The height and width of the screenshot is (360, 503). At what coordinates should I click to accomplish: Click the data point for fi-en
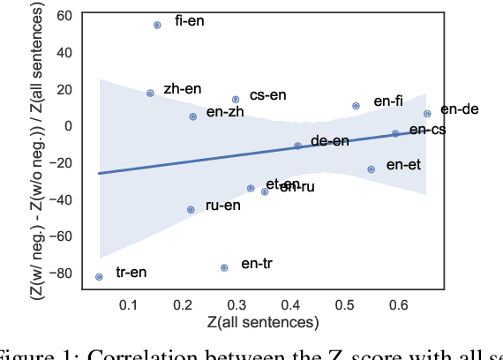157,26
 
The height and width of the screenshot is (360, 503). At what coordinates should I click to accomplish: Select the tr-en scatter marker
99,276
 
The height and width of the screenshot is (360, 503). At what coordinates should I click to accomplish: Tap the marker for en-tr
224,267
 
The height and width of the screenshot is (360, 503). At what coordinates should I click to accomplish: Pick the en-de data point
427,114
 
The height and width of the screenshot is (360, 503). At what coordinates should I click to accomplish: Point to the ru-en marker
191,209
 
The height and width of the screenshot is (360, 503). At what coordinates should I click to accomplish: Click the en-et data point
371,169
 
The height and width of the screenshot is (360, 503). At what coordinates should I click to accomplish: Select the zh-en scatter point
150,93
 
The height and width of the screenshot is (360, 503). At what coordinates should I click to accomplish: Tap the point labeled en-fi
356,106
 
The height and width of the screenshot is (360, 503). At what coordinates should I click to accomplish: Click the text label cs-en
268,95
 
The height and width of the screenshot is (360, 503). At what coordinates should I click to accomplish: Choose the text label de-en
330,141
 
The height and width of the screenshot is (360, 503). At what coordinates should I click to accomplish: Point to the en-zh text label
226,112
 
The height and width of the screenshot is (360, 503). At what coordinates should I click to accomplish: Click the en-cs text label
428,130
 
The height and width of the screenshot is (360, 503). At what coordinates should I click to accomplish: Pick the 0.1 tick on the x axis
129,304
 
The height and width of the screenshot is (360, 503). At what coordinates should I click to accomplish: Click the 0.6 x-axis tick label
399,304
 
